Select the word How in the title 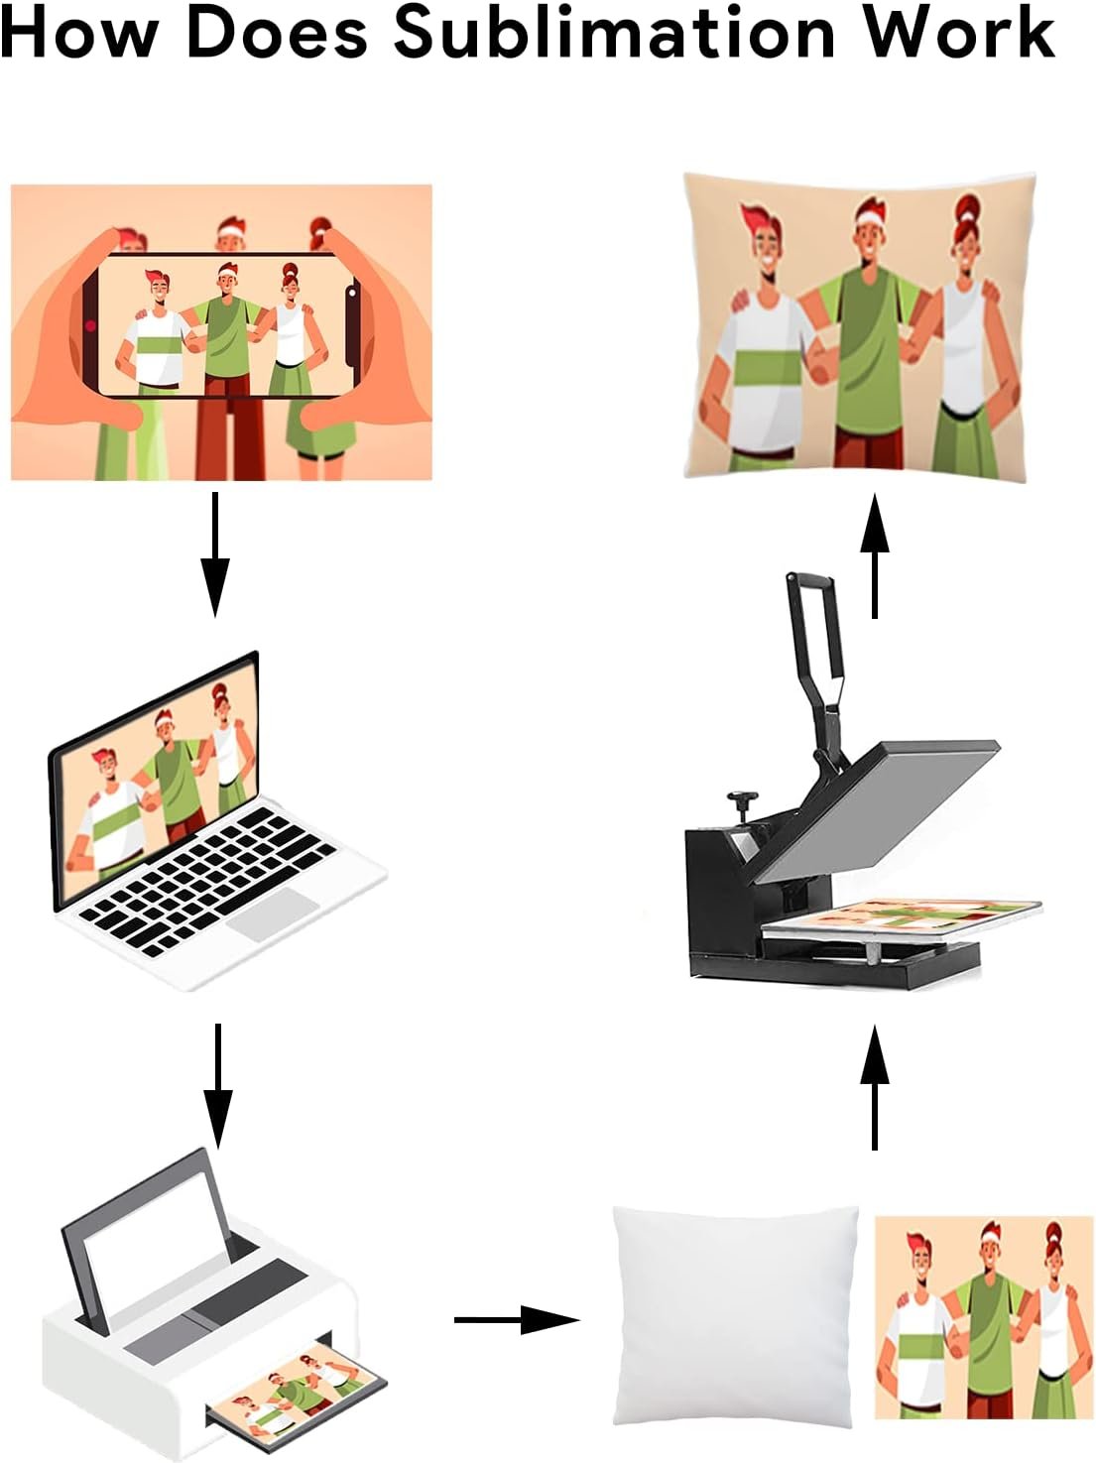point(78,32)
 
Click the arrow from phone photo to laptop point(214,554)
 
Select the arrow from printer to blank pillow point(517,1320)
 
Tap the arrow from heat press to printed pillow point(874,555)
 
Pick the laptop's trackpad point(271,915)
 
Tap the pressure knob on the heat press point(743,804)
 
